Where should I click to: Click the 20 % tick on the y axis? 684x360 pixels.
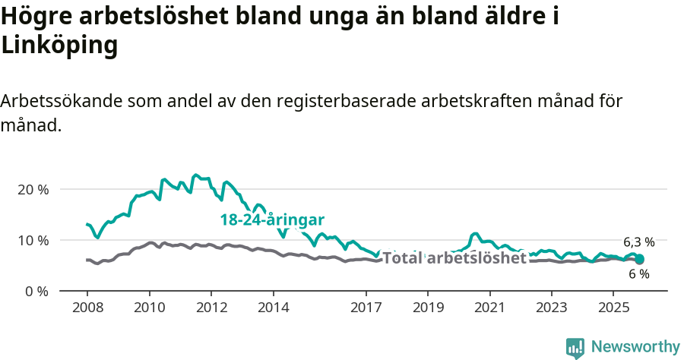[33, 189]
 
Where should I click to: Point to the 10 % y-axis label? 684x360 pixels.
[33, 240]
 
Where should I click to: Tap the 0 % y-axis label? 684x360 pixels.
[36, 291]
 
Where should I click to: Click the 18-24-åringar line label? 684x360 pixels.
[272, 219]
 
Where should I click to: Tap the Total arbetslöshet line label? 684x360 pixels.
[454, 258]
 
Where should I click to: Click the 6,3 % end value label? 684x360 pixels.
[638, 242]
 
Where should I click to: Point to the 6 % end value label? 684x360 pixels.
[639, 274]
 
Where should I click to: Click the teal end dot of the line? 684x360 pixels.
[640, 260]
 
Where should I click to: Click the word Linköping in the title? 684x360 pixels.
[60, 46]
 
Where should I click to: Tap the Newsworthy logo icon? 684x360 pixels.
[575, 348]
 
